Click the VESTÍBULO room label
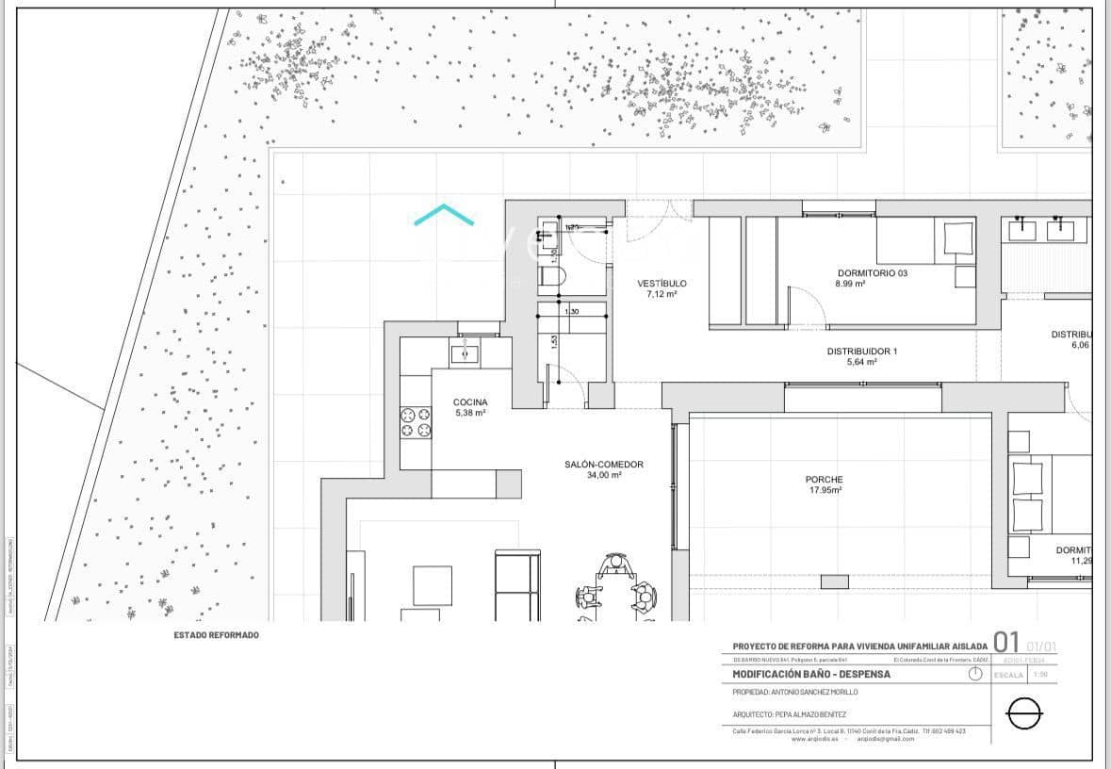662,283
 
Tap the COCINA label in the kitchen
470,402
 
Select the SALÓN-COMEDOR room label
604,465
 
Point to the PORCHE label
824,480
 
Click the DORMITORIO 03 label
872,273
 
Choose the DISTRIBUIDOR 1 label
862,352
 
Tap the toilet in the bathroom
550,277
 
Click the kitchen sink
465,352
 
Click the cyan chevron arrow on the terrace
444,216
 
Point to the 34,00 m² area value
604,476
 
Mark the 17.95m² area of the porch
825,490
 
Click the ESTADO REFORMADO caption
216,635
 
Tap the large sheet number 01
1006,644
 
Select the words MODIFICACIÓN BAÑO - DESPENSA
811,675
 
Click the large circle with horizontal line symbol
1025,714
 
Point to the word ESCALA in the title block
1009,675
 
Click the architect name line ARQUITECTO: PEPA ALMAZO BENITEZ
790,714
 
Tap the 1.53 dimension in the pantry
554,342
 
